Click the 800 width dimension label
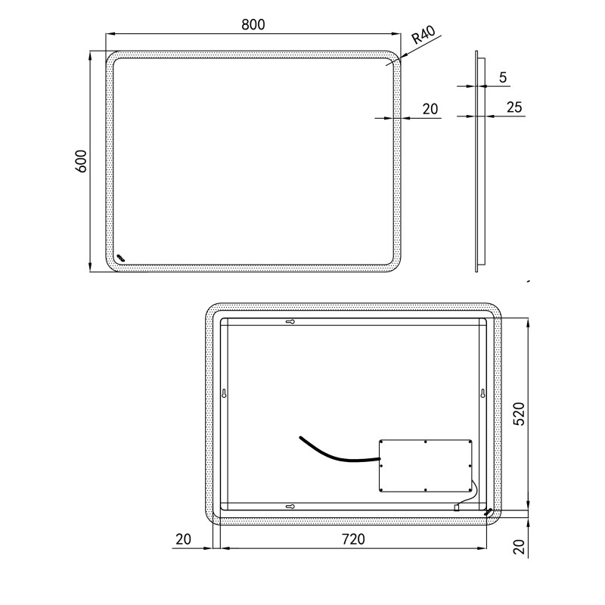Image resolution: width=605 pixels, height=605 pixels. pyautogui.click(x=253, y=25)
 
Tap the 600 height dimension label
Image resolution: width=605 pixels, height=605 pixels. pyautogui.click(x=81, y=161)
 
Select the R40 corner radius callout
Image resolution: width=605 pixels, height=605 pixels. pyautogui.click(x=423, y=34)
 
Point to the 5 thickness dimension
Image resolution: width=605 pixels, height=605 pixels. pyautogui.click(x=502, y=78)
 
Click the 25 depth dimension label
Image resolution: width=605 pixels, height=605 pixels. pyautogui.click(x=514, y=107)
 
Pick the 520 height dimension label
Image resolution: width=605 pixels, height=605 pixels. pyautogui.click(x=520, y=414)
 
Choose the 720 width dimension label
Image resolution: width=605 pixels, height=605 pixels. pyautogui.click(x=353, y=539)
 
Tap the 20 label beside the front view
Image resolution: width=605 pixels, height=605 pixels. pyautogui.click(x=430, y=109)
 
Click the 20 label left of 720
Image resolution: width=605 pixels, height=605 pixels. pyautogui.click(x=183, y=539)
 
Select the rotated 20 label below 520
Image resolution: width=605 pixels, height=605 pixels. pyautogui.click(x=520, y=547)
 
